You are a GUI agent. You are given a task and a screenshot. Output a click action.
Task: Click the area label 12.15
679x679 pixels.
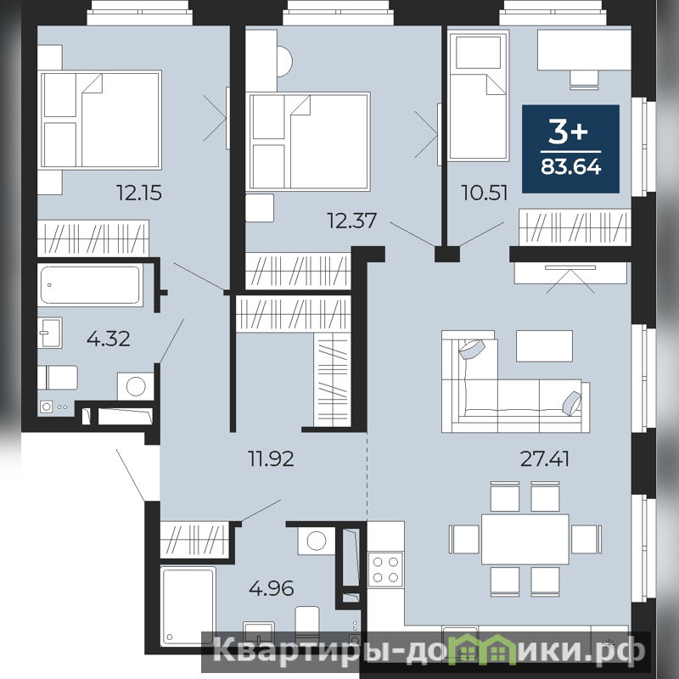139,193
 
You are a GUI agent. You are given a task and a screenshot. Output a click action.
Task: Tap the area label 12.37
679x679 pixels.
351,221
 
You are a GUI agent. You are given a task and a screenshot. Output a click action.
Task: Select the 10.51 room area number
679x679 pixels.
484,193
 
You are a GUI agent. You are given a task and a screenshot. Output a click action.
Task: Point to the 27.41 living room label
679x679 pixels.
544,458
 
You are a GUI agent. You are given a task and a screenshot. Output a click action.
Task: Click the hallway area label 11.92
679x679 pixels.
271,458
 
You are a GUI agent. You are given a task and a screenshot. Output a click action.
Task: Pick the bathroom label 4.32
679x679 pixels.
109,339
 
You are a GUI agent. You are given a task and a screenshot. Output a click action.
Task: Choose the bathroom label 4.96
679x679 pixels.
272,588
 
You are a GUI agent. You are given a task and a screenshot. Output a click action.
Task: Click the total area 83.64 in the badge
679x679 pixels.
570,166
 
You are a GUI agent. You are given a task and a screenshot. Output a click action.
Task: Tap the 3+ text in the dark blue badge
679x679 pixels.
568,131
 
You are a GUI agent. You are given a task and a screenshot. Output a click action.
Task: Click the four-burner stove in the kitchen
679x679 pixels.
385,570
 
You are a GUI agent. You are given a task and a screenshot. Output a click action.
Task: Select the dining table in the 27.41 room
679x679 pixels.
525,539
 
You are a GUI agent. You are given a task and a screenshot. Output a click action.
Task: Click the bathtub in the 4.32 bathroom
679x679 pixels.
91,285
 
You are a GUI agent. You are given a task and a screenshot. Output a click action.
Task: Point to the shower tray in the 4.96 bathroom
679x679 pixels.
188,605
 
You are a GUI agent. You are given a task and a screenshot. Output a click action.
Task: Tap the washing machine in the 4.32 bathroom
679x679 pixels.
136,386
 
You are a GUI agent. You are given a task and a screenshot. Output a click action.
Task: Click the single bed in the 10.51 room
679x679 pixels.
479,96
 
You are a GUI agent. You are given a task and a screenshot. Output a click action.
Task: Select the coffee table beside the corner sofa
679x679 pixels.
544,346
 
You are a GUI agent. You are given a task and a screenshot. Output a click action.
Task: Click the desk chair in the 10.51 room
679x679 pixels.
584,80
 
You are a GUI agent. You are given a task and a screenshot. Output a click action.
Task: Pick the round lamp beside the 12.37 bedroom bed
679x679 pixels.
284,61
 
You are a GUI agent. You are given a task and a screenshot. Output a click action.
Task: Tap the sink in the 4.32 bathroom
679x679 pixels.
50,333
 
